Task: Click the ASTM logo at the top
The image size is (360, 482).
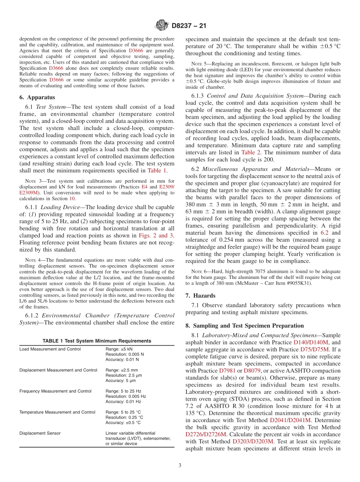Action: coord(162,26)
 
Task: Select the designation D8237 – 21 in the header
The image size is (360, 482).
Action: coord(189,26)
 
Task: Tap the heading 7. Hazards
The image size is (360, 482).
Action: coord(200,296)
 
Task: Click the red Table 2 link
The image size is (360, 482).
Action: coord(250,153)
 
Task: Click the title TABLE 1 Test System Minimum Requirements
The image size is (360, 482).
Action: coord(97,341)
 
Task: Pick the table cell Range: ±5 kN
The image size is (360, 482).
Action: coord(119,349)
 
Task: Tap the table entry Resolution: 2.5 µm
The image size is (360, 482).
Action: coord(124,375)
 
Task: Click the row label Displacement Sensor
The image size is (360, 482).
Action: coord(40,433)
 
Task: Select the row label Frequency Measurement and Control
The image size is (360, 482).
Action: coord(55,391)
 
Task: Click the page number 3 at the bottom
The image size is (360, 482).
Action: coord(180,466)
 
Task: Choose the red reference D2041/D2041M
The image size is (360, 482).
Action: coord(290,420)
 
